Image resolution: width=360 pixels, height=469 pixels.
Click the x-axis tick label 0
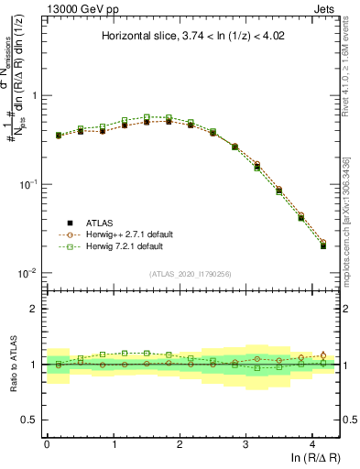point(47,442)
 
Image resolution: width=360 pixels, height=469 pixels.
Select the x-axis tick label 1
point(114,442)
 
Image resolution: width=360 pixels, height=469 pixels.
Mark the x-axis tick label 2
point(180,442)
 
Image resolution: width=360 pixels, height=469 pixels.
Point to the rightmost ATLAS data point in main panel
point(323,245)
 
